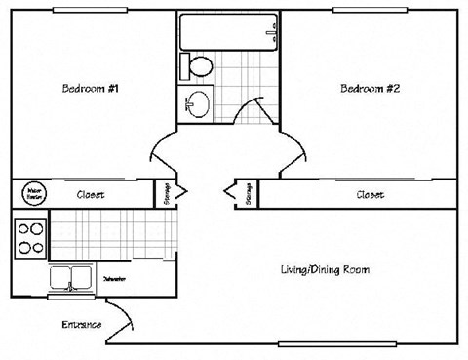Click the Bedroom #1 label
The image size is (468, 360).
click(x=91, y=89)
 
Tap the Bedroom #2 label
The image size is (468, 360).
click(x=370, y=89)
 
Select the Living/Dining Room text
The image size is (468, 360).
click(x=325, y=269)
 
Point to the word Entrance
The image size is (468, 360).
click(x=82, y=324)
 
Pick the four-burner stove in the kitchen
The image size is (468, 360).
click(x=30, y=237)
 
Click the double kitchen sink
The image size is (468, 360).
click(x=69, y=280)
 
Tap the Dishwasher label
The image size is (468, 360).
click(x=115, y=279)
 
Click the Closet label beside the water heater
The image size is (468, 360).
click(x=91, y=194)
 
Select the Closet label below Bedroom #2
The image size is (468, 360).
click(x=370, y=194)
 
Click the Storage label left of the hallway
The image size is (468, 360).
click(x=167, y=193)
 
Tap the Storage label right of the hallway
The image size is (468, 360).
click(x=250, y=193)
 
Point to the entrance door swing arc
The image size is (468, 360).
click(x=123, y=313)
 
